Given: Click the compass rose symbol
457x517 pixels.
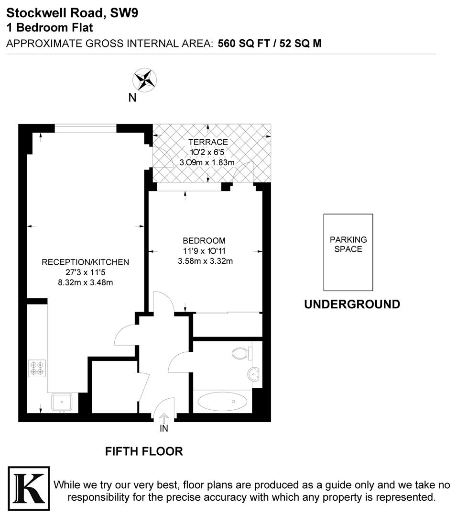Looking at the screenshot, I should click(145, 79).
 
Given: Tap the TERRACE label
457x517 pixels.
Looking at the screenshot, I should click(207, 142).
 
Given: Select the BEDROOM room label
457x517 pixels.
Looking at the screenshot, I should click(204, 240).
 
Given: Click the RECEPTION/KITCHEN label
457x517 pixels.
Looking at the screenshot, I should click(86, 262).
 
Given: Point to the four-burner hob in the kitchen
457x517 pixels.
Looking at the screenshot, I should click(37, 368).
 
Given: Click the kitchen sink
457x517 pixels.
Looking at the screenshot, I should click(61, 402).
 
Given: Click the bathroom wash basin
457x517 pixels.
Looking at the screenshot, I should click(254, 374).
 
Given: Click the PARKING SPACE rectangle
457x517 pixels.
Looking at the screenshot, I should click(348, 252).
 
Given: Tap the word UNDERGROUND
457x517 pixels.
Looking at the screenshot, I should click(352, 304).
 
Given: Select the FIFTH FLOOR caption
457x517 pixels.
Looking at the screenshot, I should click(144, 451).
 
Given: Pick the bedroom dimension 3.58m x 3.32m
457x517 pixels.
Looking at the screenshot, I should click(204, 261).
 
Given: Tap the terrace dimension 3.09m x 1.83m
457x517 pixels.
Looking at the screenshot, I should click(207, 162).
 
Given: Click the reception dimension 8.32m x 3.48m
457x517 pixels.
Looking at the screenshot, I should click(85, 282).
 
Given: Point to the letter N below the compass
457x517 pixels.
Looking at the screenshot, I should click(132, 98).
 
